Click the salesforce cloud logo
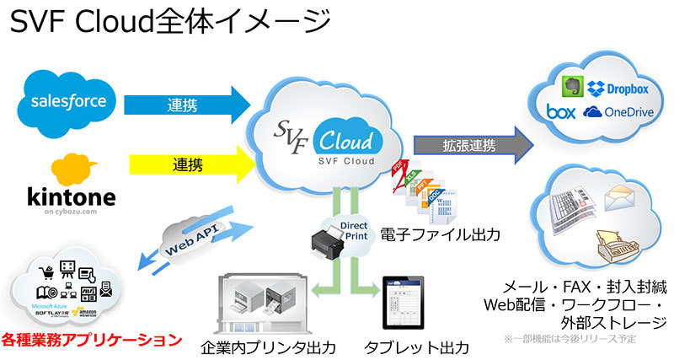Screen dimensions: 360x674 67,101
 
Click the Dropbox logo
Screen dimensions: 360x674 619,88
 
